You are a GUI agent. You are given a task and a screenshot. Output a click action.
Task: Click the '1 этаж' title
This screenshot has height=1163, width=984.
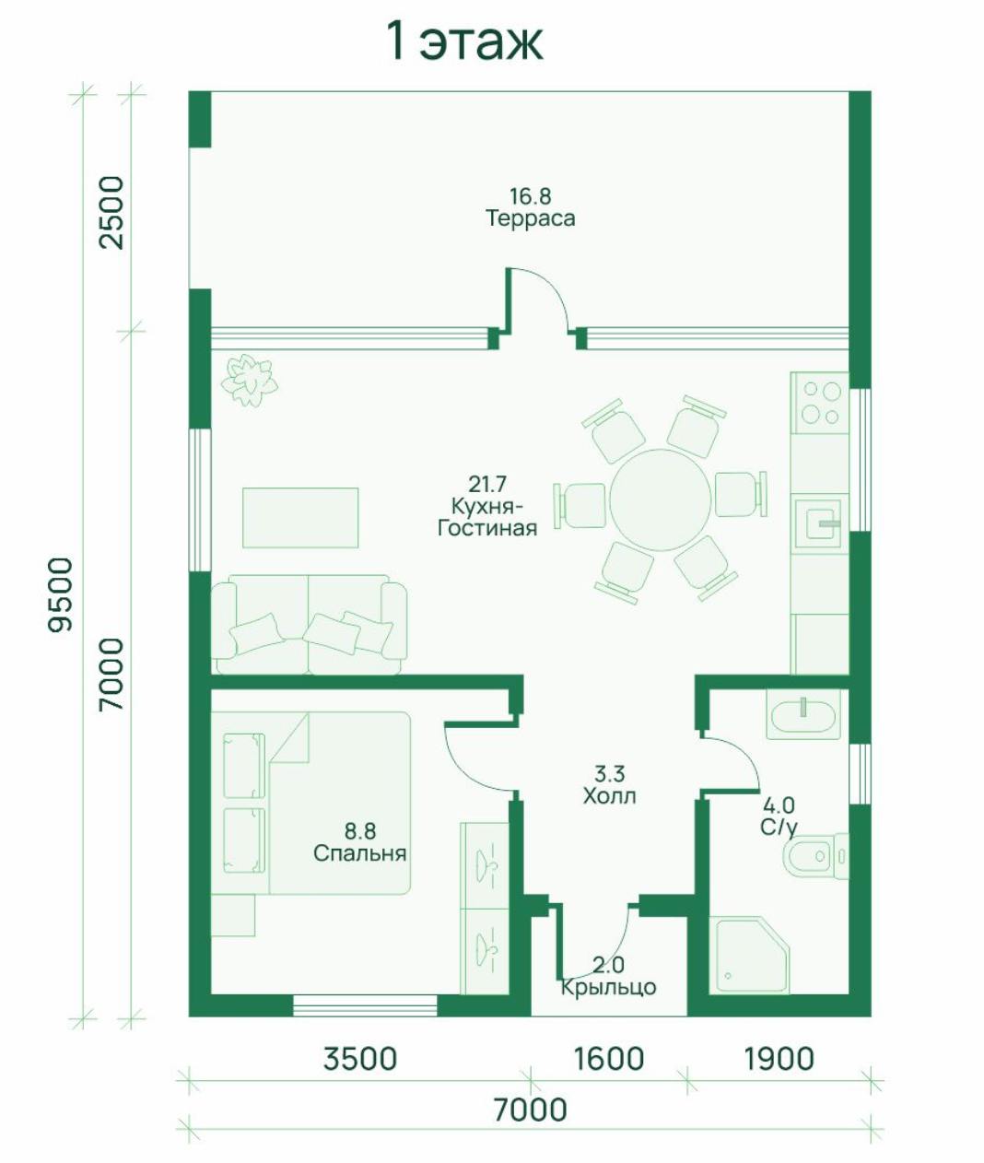coord(465,42)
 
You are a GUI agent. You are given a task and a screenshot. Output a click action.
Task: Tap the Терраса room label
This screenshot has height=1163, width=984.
coord(530,218)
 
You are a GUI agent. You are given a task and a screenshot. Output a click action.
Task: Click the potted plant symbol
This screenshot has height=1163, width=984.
coord(249,380)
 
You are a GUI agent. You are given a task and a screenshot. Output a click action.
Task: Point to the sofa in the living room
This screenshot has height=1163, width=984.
coord(309,625)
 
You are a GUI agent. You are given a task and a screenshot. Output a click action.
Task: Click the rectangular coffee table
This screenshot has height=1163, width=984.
coord(300,518)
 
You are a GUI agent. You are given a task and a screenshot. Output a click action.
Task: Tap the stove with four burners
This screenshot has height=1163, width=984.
coord(820,403)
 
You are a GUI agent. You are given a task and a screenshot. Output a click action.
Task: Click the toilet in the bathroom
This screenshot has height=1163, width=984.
coord(815,856)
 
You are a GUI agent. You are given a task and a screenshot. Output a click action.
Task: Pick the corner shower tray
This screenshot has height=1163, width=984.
coord(752,957)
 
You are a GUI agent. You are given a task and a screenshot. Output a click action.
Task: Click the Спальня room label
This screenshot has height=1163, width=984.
coord(359,853)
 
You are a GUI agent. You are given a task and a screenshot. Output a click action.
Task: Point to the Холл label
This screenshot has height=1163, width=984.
coord(609,796)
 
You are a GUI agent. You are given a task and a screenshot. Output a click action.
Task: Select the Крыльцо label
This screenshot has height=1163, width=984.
coord(608,988)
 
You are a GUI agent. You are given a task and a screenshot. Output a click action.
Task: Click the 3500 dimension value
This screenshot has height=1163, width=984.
coord(360,1058)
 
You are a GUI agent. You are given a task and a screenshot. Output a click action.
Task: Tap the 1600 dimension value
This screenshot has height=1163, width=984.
coord(608,1058)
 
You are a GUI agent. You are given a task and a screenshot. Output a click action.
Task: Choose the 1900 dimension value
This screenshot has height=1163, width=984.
coord(779,1058)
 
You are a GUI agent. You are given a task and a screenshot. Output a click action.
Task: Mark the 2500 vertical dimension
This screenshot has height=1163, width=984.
coord(111,212)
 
